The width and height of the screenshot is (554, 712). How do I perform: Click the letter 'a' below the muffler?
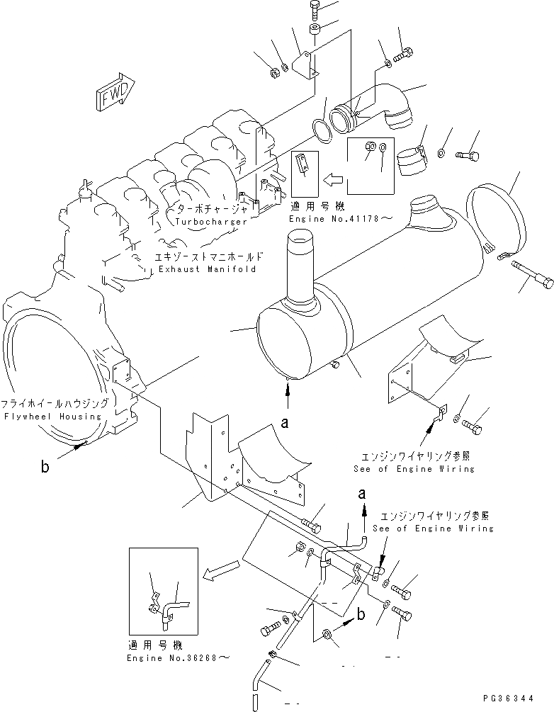(x=286, y=424)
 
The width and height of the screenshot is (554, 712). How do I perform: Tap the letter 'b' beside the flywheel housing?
(x=46, y=467)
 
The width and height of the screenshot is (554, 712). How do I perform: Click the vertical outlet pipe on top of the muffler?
(x=300, y=276)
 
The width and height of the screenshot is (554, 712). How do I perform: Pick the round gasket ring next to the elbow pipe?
(x=324, y=129)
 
